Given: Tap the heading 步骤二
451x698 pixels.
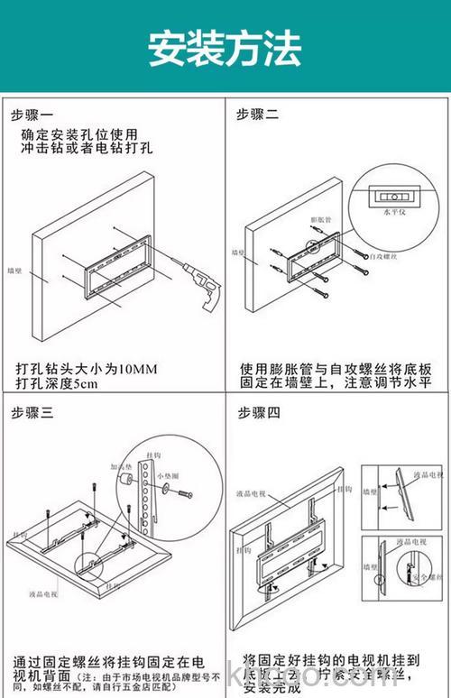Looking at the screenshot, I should (x=258, y=115).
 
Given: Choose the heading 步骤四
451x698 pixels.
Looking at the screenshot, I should (x=259, y=412).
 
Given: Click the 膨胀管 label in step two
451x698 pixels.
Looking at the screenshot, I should (x=321, y=219).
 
